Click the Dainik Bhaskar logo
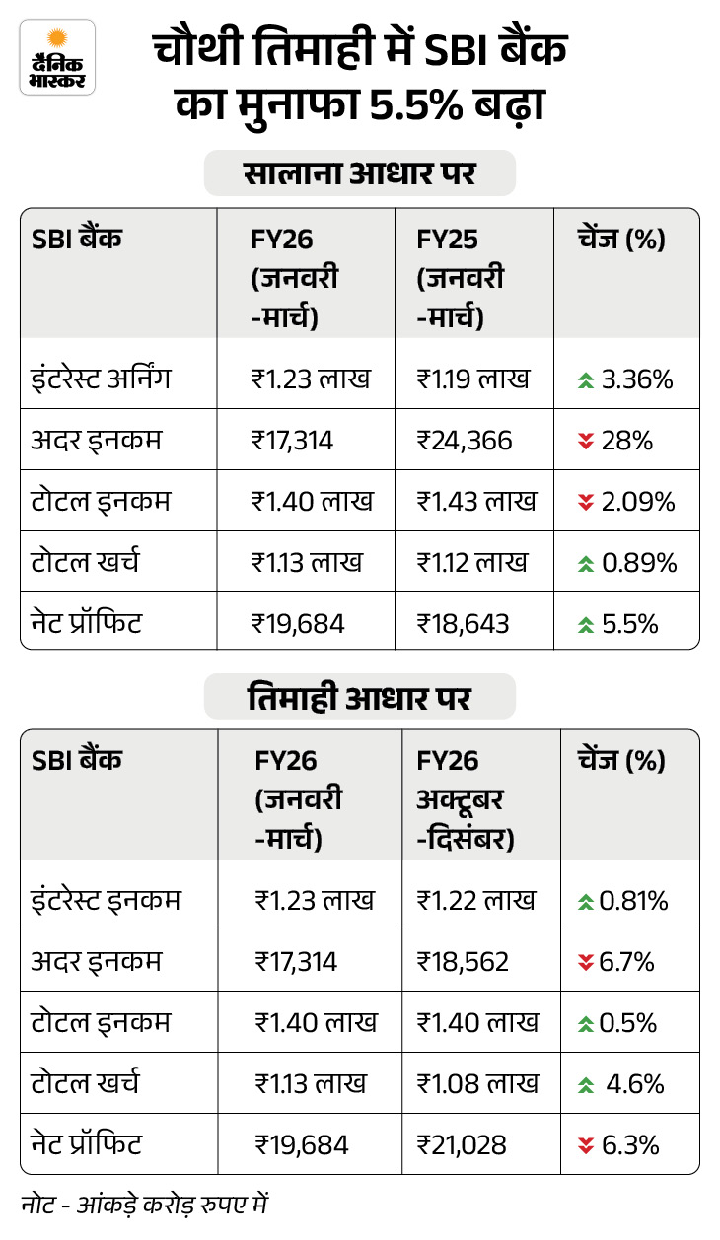57,57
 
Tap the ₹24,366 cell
465,441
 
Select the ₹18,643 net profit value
463,623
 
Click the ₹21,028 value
462,1144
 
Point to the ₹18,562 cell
463,962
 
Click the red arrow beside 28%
586,442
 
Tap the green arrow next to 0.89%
586,564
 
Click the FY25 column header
460,277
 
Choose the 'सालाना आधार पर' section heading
359,172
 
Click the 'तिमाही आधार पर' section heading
359,697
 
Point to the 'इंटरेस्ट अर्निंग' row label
101,379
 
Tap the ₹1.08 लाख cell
477,1083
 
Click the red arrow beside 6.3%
586,1145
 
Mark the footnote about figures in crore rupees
145,1205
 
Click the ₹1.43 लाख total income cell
476,502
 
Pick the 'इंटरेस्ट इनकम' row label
106,900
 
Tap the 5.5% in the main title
415,104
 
